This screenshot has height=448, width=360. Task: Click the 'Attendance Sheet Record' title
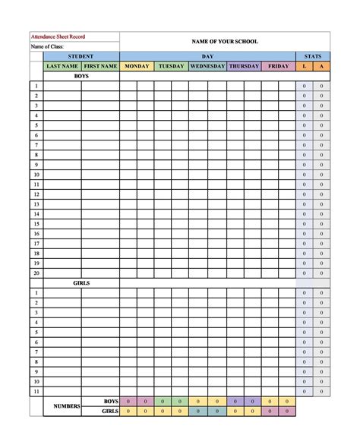click(x=58, y=36)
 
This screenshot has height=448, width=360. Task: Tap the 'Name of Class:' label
click(x=49, y=46)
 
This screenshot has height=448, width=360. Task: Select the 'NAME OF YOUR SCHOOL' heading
click(x=225, y=41)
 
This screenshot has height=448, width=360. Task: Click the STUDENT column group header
click(x=81, y=56)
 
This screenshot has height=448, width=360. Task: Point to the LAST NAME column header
click(x=62, y=66)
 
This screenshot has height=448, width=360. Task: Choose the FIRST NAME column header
click(x=100, y=66)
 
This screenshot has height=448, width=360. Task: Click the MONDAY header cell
click(x=137, y=66)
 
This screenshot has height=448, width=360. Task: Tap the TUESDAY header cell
click(x=172, y=66)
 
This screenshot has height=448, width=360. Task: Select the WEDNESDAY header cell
click(x=207, y=66)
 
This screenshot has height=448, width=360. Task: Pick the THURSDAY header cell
click(x=244, y=66)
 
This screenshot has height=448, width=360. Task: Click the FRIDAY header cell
click(x=279, y=66)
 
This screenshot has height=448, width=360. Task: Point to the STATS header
click(x=312, y=56)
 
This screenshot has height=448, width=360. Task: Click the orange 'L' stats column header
click(x=304, y=66)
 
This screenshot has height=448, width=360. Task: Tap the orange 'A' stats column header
click(x=321, y=66)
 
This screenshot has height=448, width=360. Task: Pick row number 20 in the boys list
click(x=36, y=273)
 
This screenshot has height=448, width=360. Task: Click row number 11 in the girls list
click(x=36, y=391)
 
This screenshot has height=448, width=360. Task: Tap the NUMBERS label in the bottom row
click(x=67, y=406)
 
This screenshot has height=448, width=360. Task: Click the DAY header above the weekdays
click(x=207, y=56)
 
